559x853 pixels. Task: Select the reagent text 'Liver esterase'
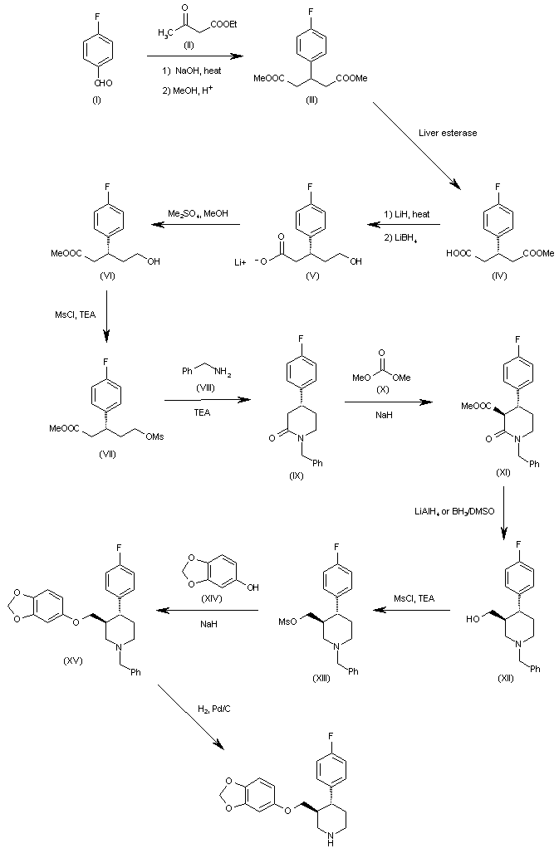tap(449, 133)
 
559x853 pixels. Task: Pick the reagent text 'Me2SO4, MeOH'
tap(191, 214)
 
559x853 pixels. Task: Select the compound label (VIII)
tap(202, 388)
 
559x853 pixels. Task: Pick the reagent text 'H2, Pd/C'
tap(212, 708)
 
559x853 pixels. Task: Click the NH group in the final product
tap(331, 839)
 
